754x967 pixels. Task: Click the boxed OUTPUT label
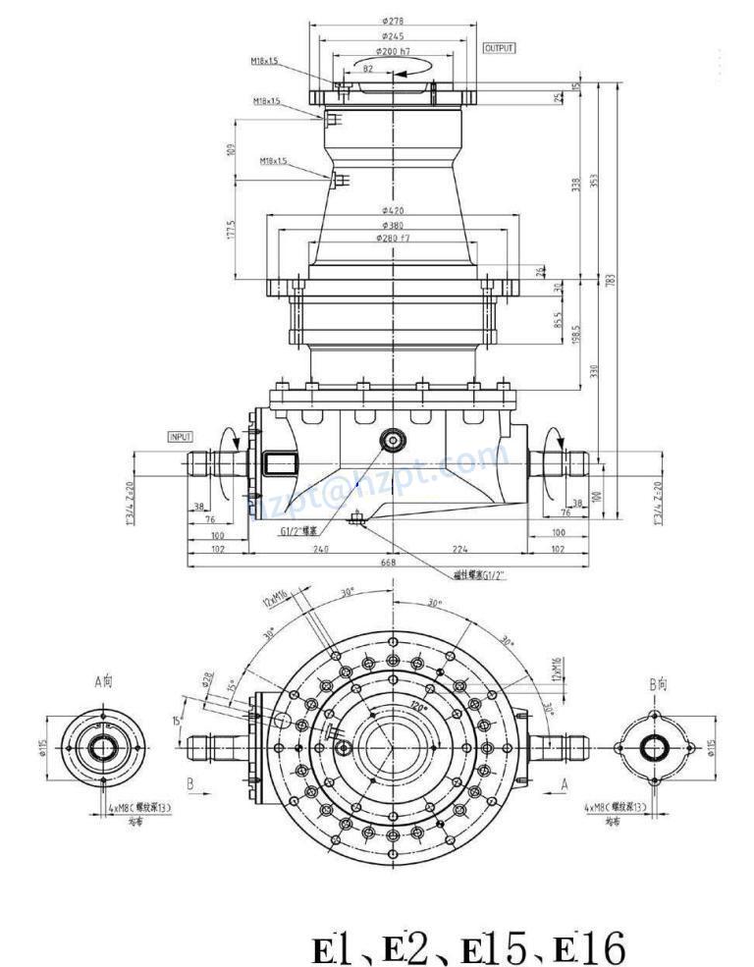[500, 47]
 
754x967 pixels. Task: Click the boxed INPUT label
[182, 436]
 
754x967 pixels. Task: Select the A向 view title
[102, 680]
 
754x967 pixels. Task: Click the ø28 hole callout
[207, 677]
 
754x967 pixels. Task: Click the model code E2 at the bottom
[407, 949]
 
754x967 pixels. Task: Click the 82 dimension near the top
[368, 69]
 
